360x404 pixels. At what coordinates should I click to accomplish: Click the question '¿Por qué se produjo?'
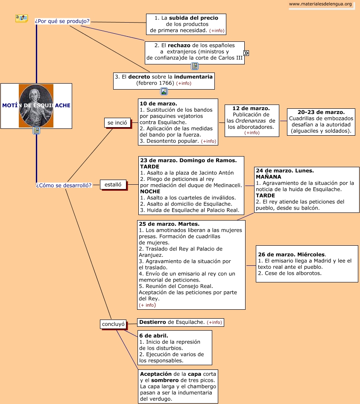(x=62, y=21)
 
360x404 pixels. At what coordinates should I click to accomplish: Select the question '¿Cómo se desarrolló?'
(x=64, y=185)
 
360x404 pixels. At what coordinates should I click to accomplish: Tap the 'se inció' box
(x=117, y=123)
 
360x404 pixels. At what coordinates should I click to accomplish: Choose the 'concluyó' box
(x=113, y=324)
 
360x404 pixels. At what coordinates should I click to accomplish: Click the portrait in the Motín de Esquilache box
(x=36, y=105)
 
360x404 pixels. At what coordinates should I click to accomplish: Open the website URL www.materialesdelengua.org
(x=320, y=4)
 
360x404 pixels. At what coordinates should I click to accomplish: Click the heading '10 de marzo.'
(x=158, y=104)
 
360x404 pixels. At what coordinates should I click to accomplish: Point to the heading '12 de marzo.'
(x=251, y=108)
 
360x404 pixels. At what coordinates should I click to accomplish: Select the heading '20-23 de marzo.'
(x=321, y=112)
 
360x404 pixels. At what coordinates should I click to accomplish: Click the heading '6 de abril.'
(x=154, y=336)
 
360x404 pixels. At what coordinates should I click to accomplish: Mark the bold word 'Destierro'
(x=152, y=322)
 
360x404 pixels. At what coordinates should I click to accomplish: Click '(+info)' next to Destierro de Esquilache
(x=214, y=323)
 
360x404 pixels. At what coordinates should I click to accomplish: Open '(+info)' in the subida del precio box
(x=217, y=31)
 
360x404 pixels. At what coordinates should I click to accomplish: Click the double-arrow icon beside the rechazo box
(x=246, y=53)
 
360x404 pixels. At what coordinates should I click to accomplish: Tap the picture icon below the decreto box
(x=164, y=91)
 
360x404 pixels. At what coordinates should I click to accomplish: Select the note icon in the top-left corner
(x=21, y=18)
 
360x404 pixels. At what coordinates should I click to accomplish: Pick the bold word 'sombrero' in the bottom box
(x=165, y=380)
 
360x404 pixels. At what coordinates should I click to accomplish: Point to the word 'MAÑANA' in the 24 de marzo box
(x=269, y=177)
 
